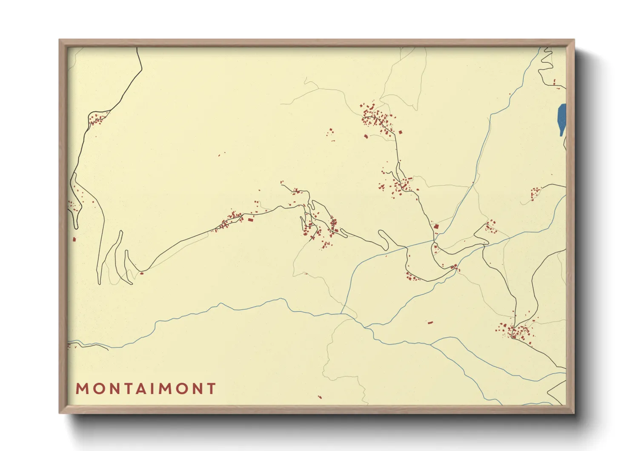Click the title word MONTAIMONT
tap(146, 389)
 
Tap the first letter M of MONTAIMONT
tap(82, 389)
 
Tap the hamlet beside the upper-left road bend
tap(97, 119)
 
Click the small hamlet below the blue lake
tap(535, 193)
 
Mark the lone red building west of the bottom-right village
tap(430, 322)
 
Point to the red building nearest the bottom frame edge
tap(320, 397)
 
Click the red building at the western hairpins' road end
tap(142, 273)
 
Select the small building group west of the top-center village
tap(330, 133)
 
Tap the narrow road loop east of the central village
tap(383, 240)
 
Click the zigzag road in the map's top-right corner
tap(546, 64)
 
